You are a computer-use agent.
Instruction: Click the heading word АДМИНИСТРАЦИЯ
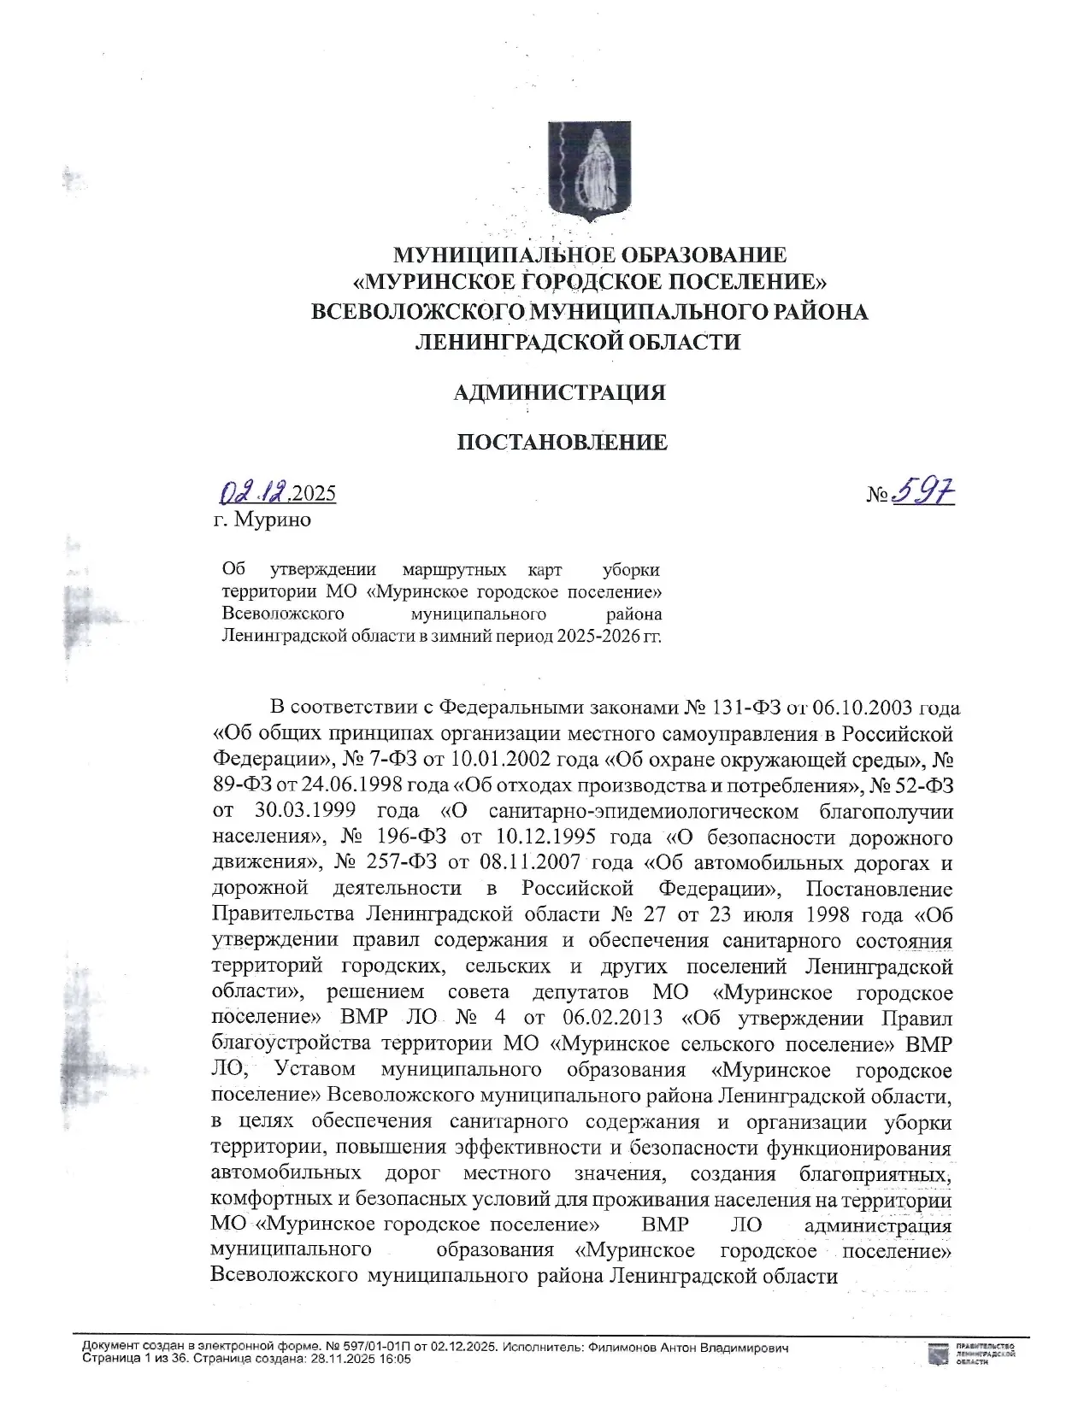(559, 392)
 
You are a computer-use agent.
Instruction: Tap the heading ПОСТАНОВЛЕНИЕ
(562, 442)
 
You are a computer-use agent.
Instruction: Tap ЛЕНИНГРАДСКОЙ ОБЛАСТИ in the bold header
(577, 342)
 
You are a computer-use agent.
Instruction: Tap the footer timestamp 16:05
(396, 1359)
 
